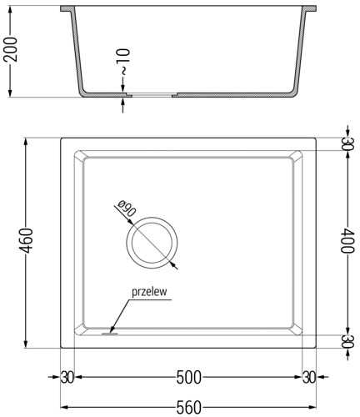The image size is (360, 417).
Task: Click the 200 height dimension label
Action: coord(10,49)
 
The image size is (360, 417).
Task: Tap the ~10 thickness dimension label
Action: coord(124,62)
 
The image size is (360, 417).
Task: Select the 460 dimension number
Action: coord(27,240)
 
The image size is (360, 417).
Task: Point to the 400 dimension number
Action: coord(347,240)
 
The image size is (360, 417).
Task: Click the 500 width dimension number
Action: coord(188,378)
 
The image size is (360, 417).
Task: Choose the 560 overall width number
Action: coord(188,408)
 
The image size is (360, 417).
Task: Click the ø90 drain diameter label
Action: coord(127,208)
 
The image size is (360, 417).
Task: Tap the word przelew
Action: coord(149,292)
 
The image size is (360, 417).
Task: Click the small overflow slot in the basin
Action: coord(110,334)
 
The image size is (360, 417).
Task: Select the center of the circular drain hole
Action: coord(152,243)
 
